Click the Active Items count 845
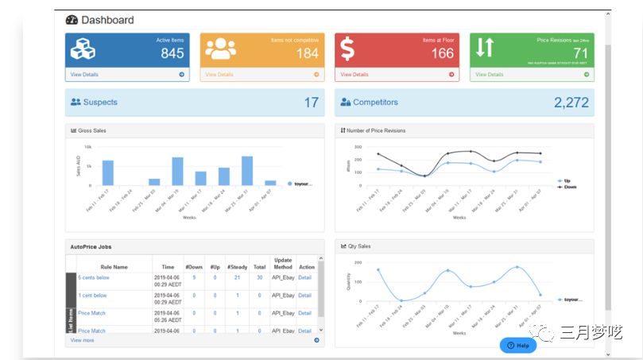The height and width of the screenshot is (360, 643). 172,53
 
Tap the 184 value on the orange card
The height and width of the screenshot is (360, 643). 308,53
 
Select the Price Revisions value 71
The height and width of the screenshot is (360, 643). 581,53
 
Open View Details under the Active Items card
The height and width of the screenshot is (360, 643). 84,75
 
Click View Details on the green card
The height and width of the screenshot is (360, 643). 489,75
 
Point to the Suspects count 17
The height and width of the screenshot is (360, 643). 311,103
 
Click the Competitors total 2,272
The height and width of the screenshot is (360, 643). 571,103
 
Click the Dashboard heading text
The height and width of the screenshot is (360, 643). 107,20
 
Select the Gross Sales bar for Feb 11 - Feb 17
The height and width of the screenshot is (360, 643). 108,172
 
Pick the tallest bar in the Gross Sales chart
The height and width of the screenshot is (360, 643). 247,170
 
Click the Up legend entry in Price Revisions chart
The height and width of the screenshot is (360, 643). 567,180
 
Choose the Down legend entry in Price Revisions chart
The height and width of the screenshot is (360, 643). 568,187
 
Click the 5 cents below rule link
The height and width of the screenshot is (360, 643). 94,277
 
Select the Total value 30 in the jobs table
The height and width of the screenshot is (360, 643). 260,277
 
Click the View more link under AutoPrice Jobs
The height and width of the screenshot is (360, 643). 82,340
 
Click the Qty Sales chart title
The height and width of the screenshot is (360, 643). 358,246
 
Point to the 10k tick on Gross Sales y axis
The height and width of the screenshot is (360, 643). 88,147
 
